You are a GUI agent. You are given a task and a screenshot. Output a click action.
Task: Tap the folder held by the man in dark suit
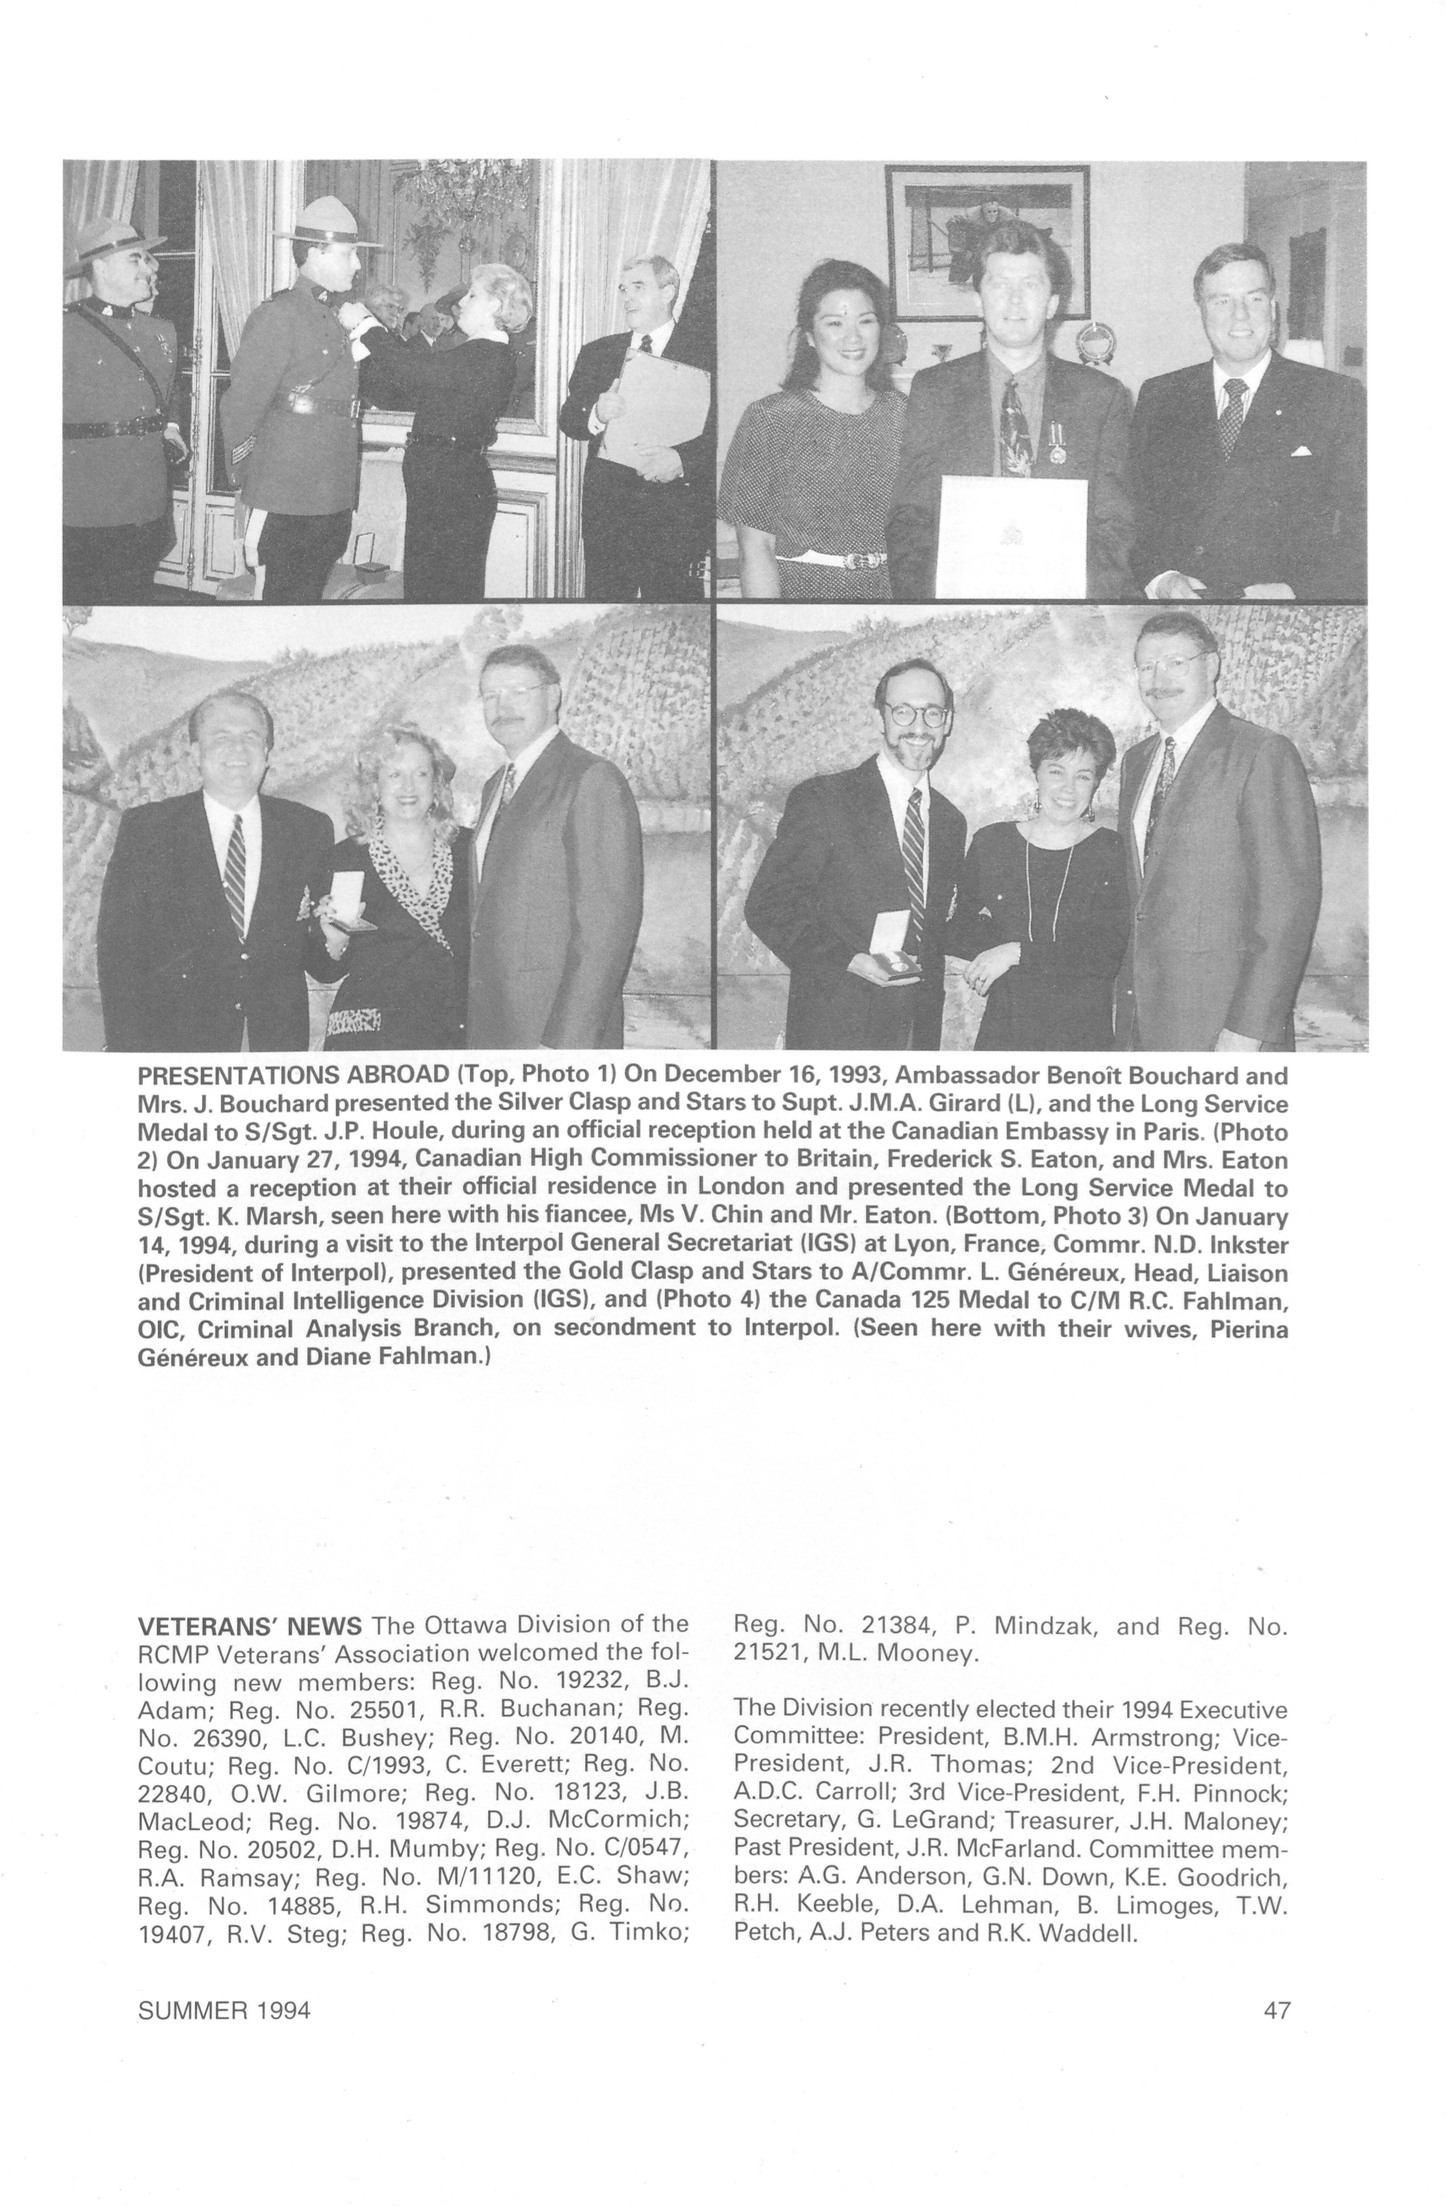(x=652, y=405)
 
